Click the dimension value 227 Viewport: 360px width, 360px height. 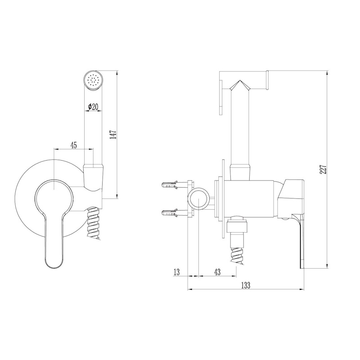pyautogui.click(x=324, y=170)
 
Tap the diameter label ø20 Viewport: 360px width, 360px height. pyautogui.click(x=93, y=106)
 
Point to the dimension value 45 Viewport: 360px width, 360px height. pyautogui.click(x=73, y=145)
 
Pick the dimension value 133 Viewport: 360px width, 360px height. pyautogui.click(x=245, y=285)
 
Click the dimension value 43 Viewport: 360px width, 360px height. pyautogui.click(x=217, y=272)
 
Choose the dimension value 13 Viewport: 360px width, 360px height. pyautogui.click(x=176, y=272)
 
